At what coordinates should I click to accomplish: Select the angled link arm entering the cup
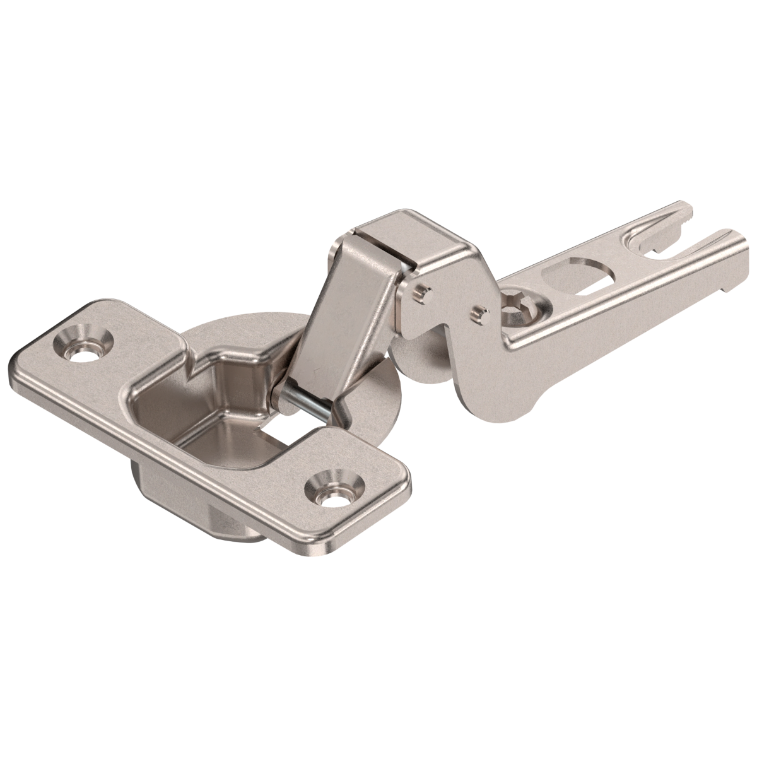coord(328,315)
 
